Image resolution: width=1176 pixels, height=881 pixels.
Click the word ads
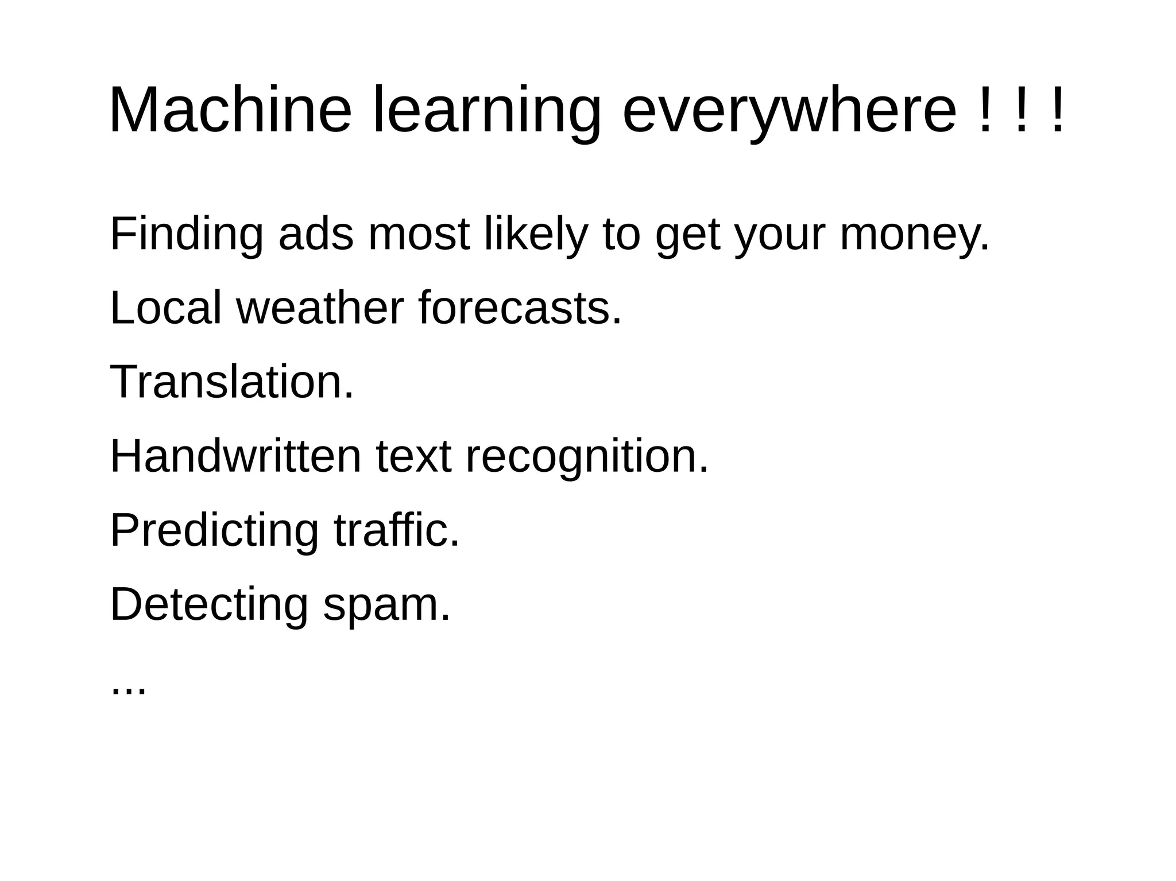tap(316, 234)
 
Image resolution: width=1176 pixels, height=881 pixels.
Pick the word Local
tap(165, 308)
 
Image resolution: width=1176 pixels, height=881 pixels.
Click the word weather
tap(320, 308)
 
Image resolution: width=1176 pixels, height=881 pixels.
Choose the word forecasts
tap(520, 308)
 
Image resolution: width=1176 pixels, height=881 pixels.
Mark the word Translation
tap(231, 382)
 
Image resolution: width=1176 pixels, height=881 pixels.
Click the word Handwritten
tap(235, 456)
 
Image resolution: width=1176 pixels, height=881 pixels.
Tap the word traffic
tap(397, 530)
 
